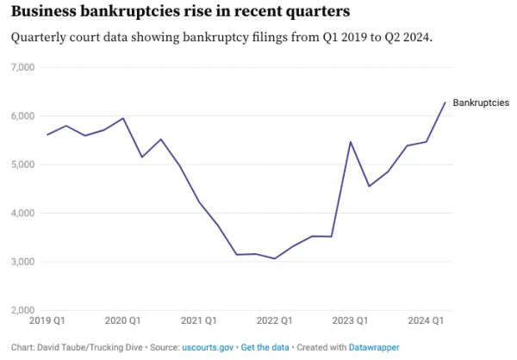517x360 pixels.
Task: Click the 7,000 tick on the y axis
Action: (x=22, y=67)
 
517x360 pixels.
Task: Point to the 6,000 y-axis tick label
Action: (x=22, y=116)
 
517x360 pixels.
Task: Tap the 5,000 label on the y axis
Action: (x=22, y=164)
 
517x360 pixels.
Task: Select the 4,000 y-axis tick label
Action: (x=22, y=213)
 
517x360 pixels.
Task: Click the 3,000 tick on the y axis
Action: (x=22, y=262)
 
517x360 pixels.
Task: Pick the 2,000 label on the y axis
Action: (x=22, y=310)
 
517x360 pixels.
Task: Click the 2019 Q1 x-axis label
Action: (x=47, y=321)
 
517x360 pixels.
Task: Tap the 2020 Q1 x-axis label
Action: (x=122, y=321)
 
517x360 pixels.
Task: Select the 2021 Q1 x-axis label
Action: (x=199, y=321)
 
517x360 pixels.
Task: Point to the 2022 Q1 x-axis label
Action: (x=275, y=321)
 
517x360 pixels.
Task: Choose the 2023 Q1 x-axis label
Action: (x=350, y=321)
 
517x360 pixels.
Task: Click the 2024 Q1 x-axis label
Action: (x=426, y=321)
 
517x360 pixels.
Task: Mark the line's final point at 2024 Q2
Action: (x=445, y=102)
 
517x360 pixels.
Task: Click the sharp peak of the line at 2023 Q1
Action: (x=350, y=141)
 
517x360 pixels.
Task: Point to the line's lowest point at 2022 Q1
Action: (x=274, y=258)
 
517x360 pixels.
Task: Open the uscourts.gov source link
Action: (x=207, y=346)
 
